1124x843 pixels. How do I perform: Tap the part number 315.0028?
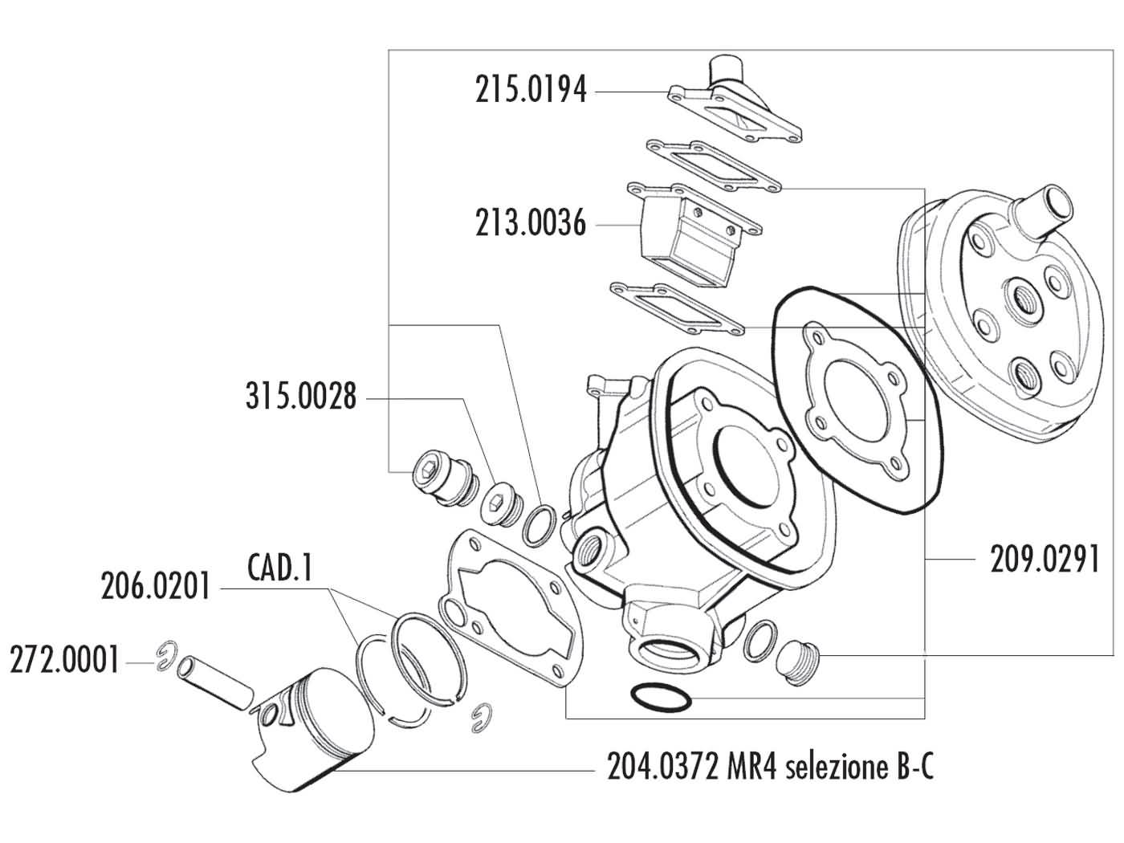[x=300, y=397]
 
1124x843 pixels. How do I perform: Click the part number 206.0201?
[x=156, y=587]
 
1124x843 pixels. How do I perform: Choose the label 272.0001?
[x=64, y=662]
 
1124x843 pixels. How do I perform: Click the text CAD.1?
[x=279, y=569]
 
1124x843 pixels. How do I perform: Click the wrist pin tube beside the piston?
[x=215, y=683]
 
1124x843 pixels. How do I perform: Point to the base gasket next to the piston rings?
[x=514, y=610]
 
